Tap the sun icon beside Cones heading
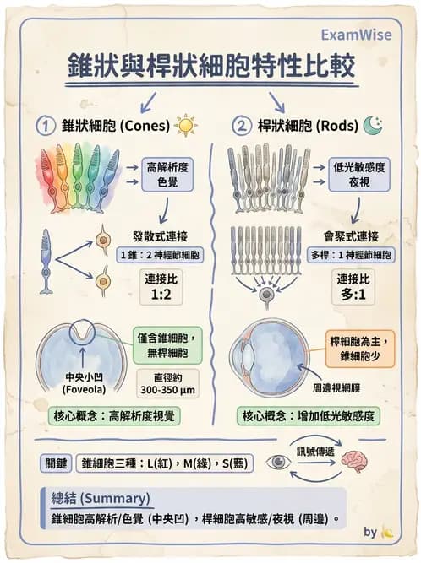pos(185,127)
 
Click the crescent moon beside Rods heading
pos(373,126)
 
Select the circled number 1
pos(46,127)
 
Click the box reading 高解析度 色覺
pos(167,174)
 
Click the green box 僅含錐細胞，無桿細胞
pos(167,344)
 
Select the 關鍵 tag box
pos(56,463)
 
